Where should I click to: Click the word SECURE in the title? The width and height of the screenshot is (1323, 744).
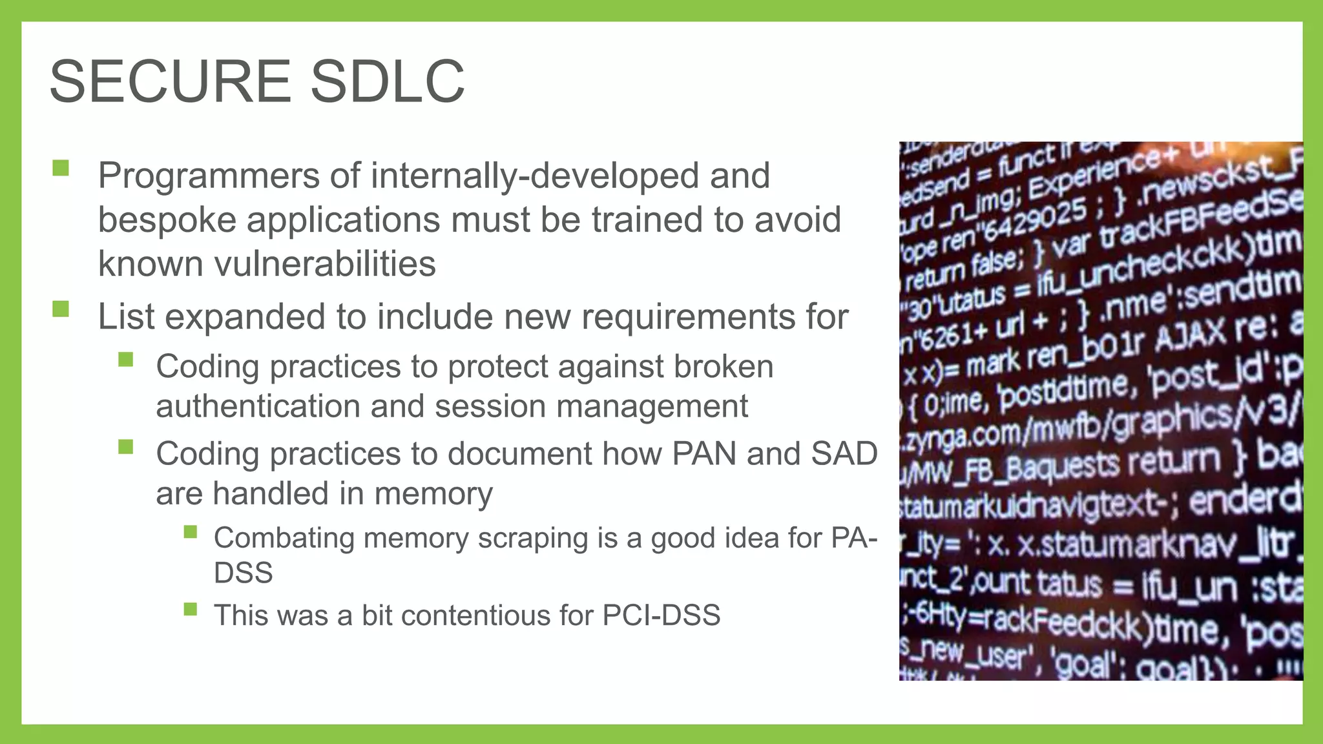(x=170, y=81)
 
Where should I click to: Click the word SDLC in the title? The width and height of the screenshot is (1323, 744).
(x=387, y=81)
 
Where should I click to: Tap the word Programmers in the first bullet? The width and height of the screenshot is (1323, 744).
(x=209, y=176)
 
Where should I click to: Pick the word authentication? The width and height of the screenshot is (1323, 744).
(x=258, y=406)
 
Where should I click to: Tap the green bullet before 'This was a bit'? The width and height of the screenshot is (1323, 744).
(x=190, y=609)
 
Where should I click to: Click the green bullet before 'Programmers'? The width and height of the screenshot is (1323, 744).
(x=61, y=169)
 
